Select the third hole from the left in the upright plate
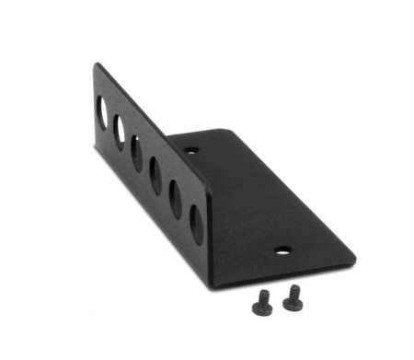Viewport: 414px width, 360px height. point(137,153)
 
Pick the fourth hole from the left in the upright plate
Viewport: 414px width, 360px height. point(155,177)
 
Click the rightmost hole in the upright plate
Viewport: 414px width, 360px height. point(196,224)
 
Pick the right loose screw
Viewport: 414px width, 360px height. point(293,296)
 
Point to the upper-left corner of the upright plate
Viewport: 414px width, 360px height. point(97,64)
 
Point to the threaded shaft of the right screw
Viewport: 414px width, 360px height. point(292,290)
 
